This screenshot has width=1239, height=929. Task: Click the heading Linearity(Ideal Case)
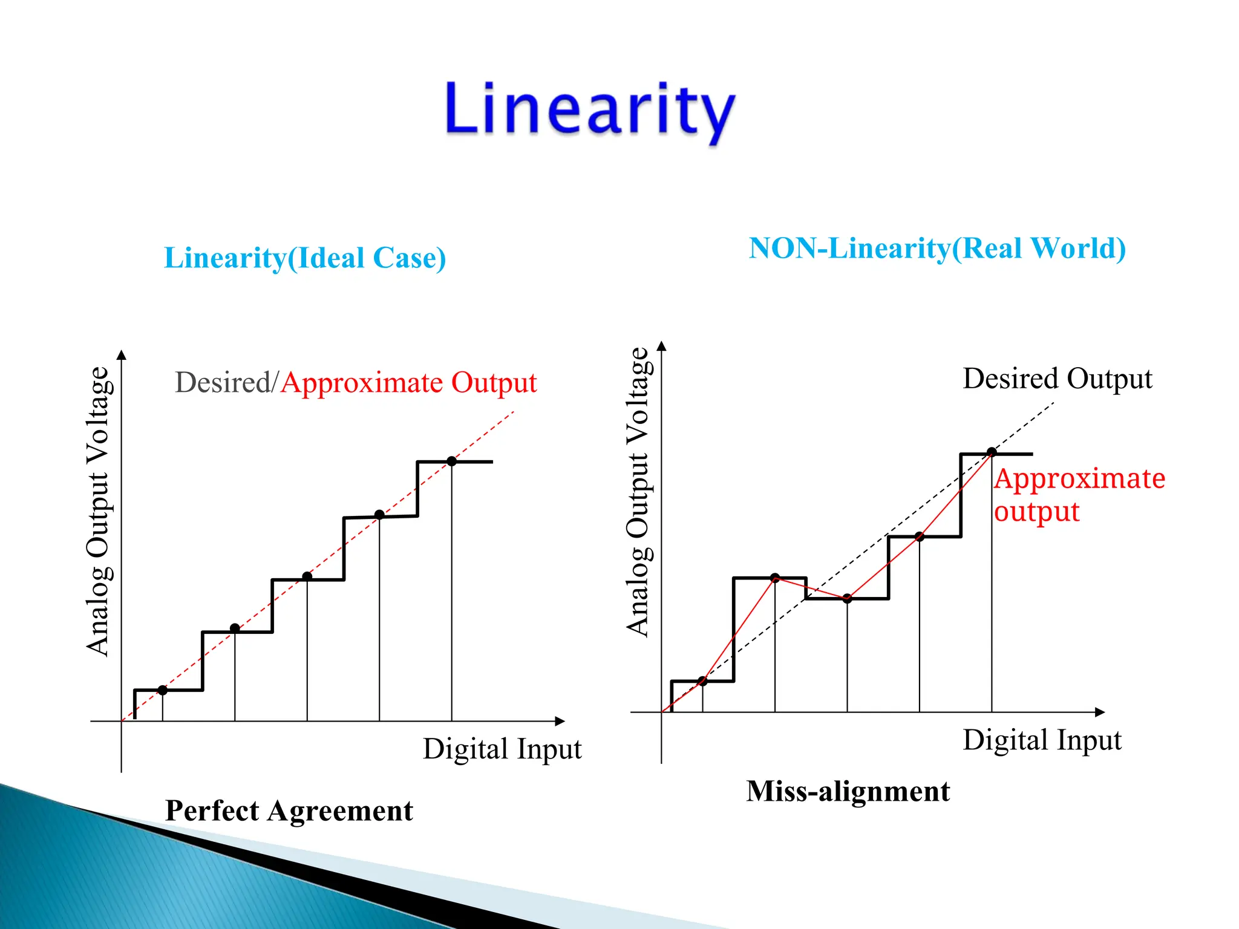point(305,258)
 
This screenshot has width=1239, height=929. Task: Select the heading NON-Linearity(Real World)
point(937,249)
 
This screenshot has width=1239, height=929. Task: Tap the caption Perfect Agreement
point(289,811)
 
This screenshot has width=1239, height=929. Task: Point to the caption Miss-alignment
point(848,792)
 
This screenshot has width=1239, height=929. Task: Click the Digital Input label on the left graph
point(502,749)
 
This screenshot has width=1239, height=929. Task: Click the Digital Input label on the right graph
point(1042,740)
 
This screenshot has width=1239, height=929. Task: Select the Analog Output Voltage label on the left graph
point(97,511)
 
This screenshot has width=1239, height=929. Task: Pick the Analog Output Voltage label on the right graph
point(638,492)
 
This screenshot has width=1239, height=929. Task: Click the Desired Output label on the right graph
point(1057,379)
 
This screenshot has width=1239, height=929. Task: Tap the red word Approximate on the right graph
point(1079,479)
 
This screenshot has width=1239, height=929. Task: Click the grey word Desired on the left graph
point(223,383)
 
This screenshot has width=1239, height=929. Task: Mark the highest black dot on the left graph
point(451,461)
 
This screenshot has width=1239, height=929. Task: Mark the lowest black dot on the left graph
point(162,690)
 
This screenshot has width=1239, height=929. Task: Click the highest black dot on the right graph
point(992,452)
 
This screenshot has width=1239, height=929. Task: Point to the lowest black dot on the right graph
point(702,681)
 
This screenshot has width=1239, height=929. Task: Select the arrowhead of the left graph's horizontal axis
point(560,721)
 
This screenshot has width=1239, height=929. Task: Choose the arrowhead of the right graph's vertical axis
point(662,346)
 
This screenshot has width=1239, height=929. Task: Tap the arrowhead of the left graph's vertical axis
point(122,354)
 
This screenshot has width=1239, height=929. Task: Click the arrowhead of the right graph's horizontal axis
point(1100,712)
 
